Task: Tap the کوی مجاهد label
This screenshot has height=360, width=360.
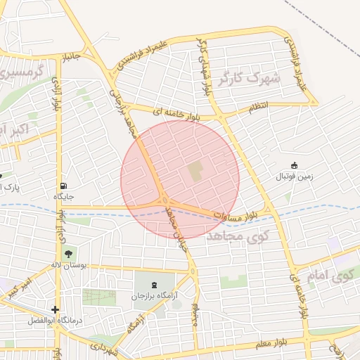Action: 238,238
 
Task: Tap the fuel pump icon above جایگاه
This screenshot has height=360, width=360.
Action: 64,186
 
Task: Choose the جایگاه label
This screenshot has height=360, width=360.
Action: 64,196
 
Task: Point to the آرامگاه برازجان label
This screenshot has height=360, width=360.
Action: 155,296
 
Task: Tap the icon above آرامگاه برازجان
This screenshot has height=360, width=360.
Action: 155,284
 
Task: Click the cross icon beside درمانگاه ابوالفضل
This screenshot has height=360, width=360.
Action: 56,309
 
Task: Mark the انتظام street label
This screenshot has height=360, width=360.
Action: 258,106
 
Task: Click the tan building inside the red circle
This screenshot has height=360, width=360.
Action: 194,170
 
